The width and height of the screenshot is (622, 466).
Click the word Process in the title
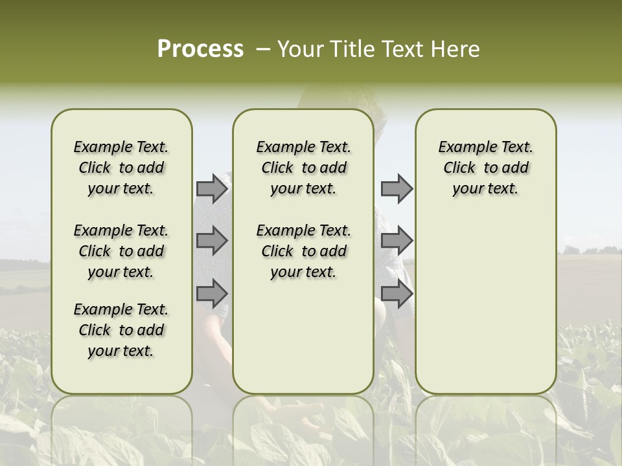tap(200, 49)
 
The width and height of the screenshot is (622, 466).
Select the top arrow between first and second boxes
tap(212, 188)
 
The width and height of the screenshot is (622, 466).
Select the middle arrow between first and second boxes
tap(212, 241)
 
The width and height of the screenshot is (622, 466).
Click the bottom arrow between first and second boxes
tap(212, 294)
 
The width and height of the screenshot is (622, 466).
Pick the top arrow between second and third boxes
tap(397, 188)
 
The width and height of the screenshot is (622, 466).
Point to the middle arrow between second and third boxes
tap(397, 241)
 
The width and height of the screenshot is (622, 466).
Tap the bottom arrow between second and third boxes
tap(397, 294)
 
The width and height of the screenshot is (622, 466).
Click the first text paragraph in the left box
tap(121, 168)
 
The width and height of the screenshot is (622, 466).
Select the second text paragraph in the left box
tap(121, 251)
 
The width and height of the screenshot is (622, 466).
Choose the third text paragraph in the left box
tap(121, 330)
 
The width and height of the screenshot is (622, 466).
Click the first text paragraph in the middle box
tap(303, 168)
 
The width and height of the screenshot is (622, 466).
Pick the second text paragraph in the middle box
tap(303, 251)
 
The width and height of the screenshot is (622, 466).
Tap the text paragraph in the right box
tap(485, 168)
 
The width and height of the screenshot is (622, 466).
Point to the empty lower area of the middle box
tap(303, 337)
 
